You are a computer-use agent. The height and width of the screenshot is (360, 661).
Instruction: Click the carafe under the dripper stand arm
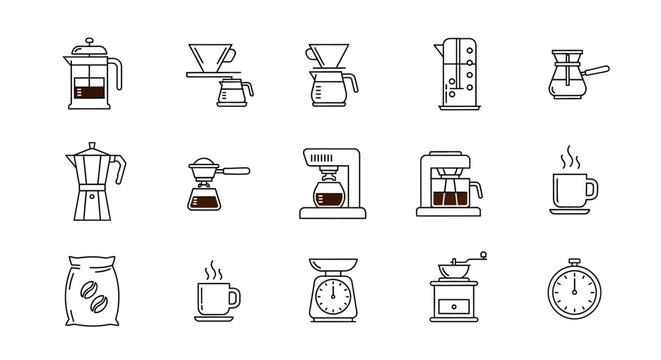(x=233, y=95)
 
